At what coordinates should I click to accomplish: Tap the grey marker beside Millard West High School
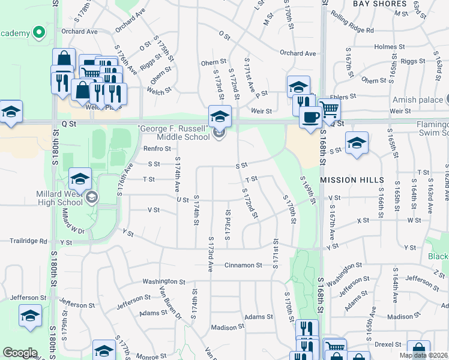[91, 197]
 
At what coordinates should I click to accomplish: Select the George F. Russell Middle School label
[174, 133]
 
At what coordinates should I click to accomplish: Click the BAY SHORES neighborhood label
[379, 4]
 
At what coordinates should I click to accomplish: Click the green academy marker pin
[40, 32]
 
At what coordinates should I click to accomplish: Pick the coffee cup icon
[310, 116]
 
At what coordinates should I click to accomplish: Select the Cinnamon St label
[243, 265]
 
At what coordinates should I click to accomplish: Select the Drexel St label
[387, 345]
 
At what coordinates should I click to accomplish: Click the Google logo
[20, 353]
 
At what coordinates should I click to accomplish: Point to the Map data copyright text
[423, 355]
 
